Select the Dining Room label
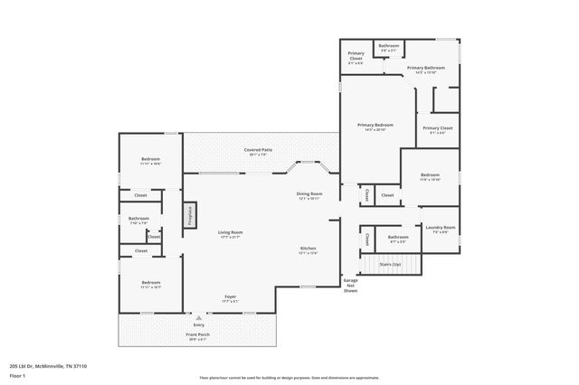point(309,194)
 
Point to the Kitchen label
point(308,249)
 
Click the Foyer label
point(231,297)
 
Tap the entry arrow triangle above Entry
point(198,318)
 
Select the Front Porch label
point(198,335)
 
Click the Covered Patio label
point(259,150)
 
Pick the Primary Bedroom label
point(375,125)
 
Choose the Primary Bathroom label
point(425,68)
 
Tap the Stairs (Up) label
point(390,263)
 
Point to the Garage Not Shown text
point(350,286)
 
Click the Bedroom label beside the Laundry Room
point(430,174)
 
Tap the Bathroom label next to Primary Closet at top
point(389,45)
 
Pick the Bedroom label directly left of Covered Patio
point(150,160)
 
